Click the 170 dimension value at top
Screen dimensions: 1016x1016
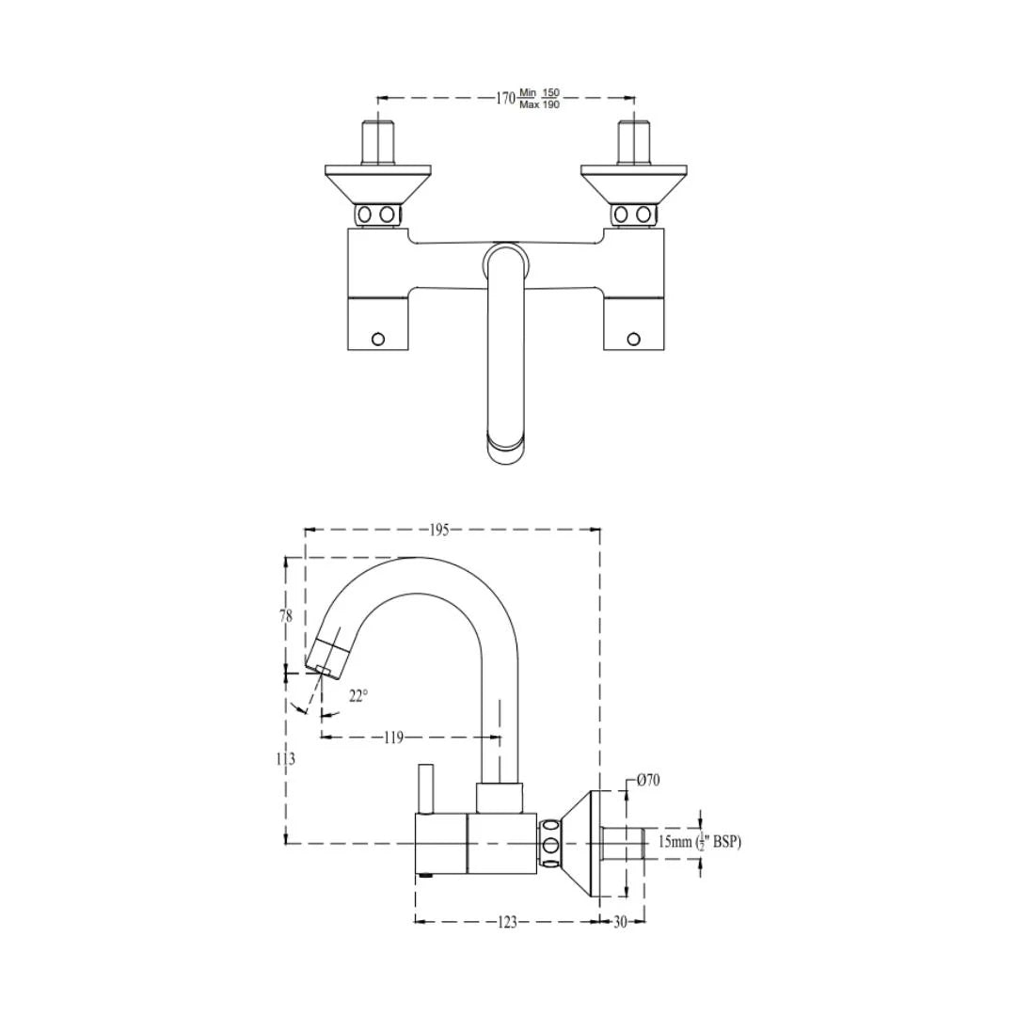pos(505,98)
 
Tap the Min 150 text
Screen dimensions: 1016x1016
pos(540,92)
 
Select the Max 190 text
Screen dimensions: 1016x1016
pos(540,104)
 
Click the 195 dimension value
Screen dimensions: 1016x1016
pos(438,530)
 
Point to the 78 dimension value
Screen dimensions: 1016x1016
pos(285,616)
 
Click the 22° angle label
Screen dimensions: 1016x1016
pos(358,695)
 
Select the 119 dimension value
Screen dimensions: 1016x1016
pos(393,738)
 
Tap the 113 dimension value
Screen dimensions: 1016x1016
pos(286,758)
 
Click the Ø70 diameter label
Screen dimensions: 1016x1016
pos(648,780)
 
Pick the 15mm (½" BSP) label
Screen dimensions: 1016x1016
pos(699,842)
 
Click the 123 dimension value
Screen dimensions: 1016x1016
pos(506,923)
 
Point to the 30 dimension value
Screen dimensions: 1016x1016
pos(621,923)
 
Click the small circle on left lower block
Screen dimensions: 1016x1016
pos(378,339)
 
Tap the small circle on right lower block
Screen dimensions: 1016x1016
pos(633,339)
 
